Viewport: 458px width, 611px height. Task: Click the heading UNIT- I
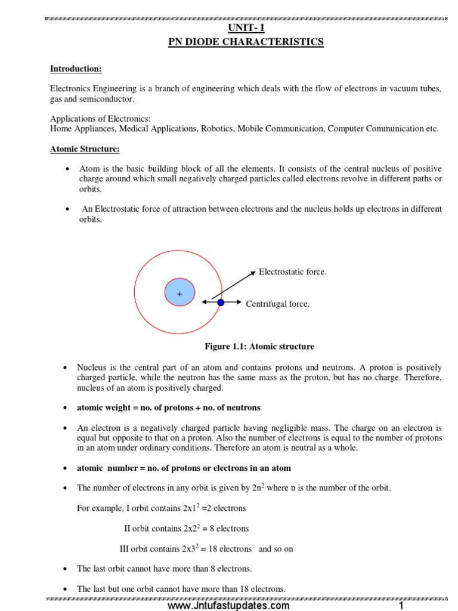click(x=246, y=28)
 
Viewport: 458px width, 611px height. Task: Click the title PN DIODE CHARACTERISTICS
click(x=246, y=42)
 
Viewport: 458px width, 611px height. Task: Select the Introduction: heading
click(x=76, y=69)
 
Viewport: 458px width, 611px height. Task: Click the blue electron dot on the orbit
click(x=221, y=303)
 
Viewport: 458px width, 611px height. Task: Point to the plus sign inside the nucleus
click(x=179, y=294)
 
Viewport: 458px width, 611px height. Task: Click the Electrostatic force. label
click(x=292, y=272)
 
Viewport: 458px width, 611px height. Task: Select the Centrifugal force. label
click(x=277, y=304)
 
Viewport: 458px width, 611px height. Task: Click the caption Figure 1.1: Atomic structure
click(x=259, y=347)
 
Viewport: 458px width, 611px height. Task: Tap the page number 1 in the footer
click(x=401, y=606)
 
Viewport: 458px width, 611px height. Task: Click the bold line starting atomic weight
click(x=169, y=408)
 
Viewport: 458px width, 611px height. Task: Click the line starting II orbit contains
click(x=186, y=529)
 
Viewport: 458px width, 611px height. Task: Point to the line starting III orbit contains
click(x=206, y=549)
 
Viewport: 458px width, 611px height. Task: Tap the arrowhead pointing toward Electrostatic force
click(x=253, y=273)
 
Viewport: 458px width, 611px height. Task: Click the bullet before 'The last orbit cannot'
click(x=64, y=569)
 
